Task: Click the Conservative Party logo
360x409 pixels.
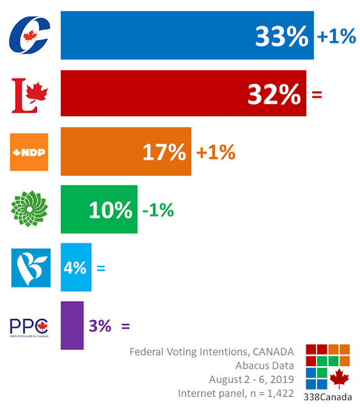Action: click(x=29, y=35)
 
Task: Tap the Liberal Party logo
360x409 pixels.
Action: click(x=30, y=95)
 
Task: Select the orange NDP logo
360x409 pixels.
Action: click(x=29, y=152)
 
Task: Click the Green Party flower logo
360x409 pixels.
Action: click(x=29, y=209)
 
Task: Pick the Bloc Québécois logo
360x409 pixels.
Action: click(x=31, y=268)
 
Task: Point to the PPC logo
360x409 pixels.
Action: click(x=29, y=328)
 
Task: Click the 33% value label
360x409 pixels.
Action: click(x=282, y=36)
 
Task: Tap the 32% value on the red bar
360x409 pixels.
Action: click(x=274, y=95)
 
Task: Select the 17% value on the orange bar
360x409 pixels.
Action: click(x=164, y=152)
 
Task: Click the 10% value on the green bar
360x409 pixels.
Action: click(x=111, y=210)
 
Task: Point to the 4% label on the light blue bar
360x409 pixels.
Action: click(x=75, y=268)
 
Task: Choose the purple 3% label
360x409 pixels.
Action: click(x=100, y=326)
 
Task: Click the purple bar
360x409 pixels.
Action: click(x=72, y=325)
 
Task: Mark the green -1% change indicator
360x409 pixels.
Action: click(x=158, y=210)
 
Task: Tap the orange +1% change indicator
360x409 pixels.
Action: click(x=215, y=152)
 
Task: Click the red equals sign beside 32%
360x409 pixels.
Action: click(x=317, y=95)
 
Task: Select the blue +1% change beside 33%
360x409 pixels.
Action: click(x=336, y=36)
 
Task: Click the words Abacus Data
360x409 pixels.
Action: click(x=265, y=366)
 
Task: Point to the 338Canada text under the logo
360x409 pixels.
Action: click(x=327, y=397)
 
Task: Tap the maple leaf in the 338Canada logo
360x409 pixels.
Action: click(x=339, y=378)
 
